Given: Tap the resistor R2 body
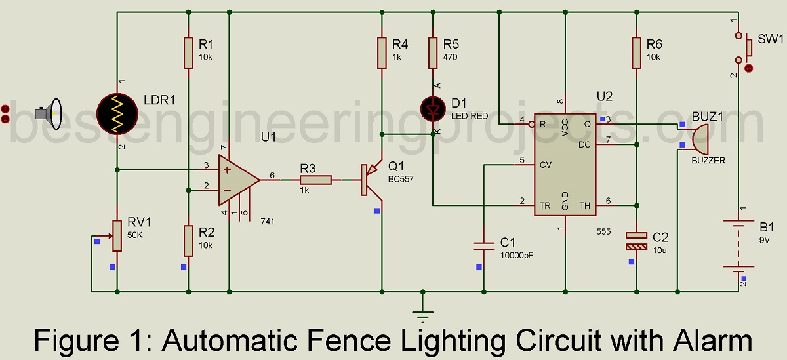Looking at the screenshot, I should (188, 241).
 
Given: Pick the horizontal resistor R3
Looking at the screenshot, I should (316, 178).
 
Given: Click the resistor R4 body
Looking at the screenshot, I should (381, 52).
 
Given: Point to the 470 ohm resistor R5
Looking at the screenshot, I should (432, 52).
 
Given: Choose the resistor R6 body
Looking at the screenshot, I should (636, 52).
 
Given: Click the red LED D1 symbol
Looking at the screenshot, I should (432, 108).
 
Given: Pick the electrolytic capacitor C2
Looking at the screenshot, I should (636, 241).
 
